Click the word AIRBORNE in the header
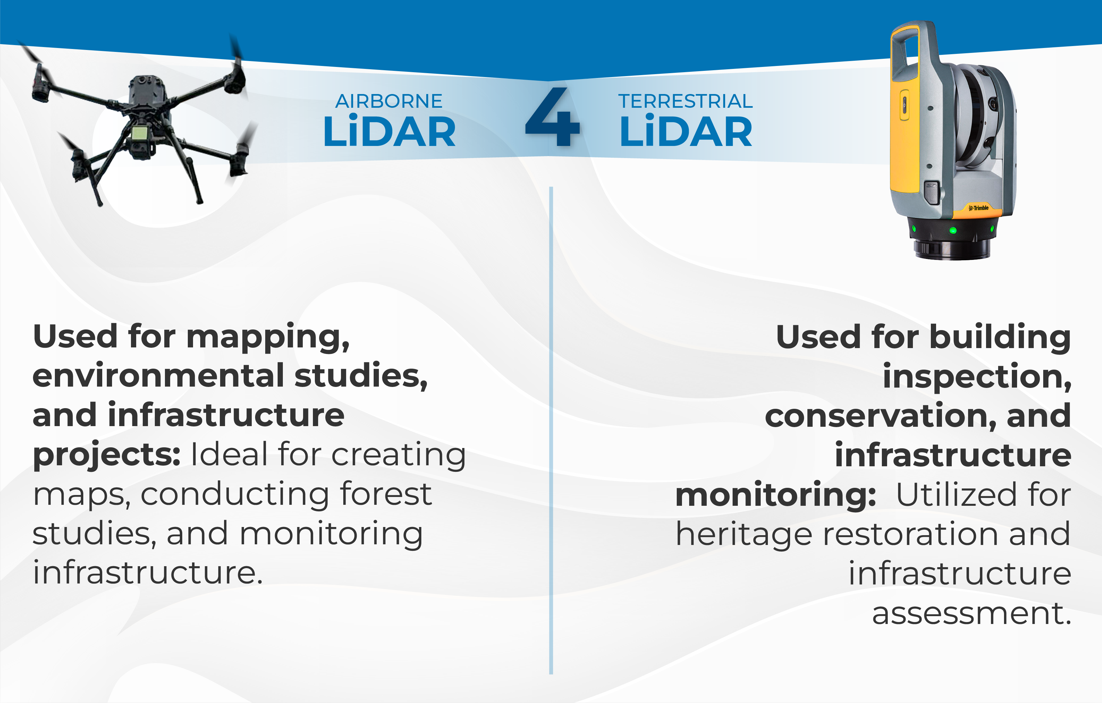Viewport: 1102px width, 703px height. coord(389,102)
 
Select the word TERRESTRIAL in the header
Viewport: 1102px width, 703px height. coord(685,102)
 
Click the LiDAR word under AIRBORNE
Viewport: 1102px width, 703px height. coord(389,133)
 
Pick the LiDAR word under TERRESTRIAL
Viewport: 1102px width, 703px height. coord(685,133)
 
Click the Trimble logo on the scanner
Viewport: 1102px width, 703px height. coord(979,208)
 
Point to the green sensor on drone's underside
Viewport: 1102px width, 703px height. coord(139,134)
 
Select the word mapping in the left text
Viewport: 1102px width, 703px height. coord(268,338)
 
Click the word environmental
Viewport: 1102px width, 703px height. coord(158,376)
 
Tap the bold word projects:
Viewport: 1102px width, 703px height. coord(106,455)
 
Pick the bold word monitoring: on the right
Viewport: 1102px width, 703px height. coord(775,495)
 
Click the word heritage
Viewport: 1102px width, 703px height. coord(744,534)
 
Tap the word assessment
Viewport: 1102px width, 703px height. coord(971,614)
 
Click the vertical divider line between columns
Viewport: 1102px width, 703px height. coord(551,430)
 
